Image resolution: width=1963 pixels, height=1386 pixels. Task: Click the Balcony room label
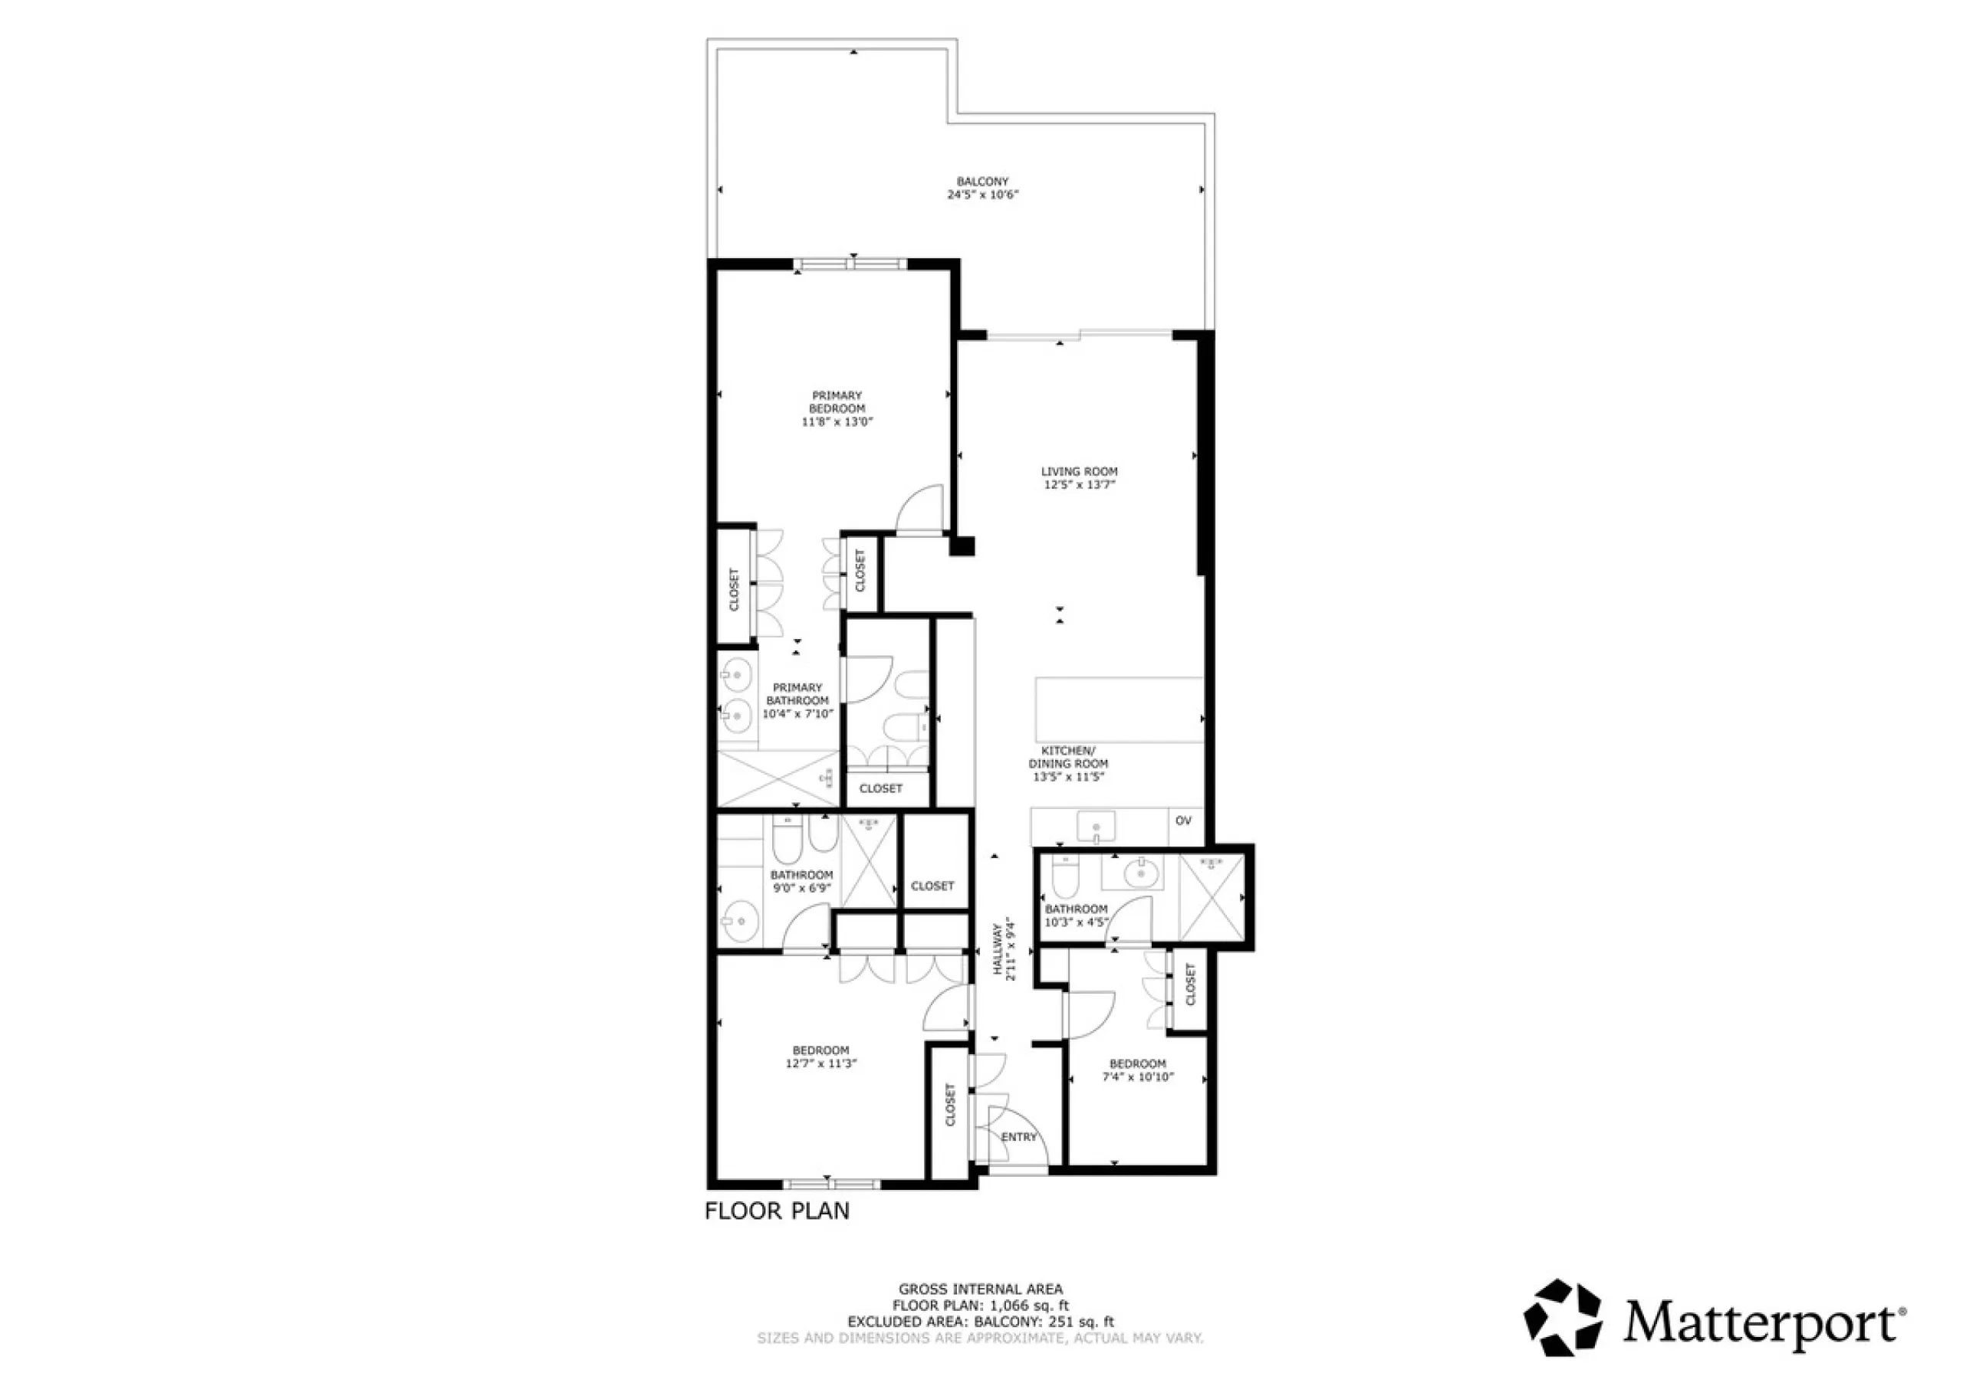click(x=982, y=181)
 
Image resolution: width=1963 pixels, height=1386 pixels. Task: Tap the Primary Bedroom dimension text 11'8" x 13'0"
click(x=837, y=422)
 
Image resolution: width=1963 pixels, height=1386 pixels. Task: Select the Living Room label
click(x=1079, y=471)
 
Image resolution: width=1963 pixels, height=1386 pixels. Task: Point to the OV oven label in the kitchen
click(x=1183, y=821)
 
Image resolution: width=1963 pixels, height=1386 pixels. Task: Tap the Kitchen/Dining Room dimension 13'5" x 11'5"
click(x=1069, y=777)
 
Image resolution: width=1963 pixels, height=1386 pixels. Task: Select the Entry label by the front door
click(x=1019, y=1136)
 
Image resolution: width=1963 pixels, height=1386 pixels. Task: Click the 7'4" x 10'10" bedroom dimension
click(x=1138, y=1076)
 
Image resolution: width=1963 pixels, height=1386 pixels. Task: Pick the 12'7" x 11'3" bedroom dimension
click(x=820, y=1064)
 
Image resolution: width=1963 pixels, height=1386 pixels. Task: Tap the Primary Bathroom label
click(x=797, y=694)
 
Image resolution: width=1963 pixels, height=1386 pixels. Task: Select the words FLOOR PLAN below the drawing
click(x=778, y=1211)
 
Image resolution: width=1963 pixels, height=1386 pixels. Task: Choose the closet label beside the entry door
click(x=950, y=1105)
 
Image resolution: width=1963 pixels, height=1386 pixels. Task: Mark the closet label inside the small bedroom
click(x=1190, y=985)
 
